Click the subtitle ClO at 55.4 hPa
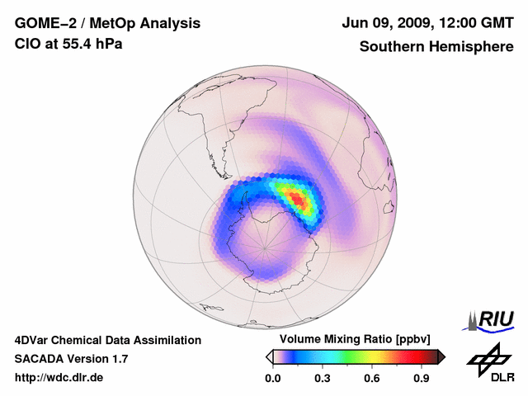(68, 44)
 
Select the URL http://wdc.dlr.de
(59, 377)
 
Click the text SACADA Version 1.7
(71, 359)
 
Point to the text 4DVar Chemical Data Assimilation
(107, 340)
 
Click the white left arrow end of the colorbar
(269, 356)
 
